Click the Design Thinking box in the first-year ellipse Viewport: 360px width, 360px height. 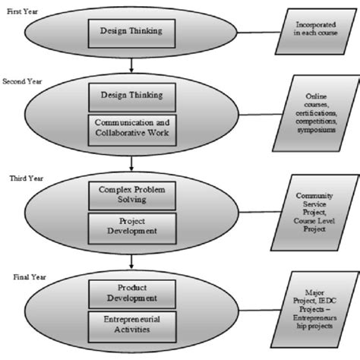click(x=134, y=31)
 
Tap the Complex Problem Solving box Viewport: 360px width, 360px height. click(x=134, y=193)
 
